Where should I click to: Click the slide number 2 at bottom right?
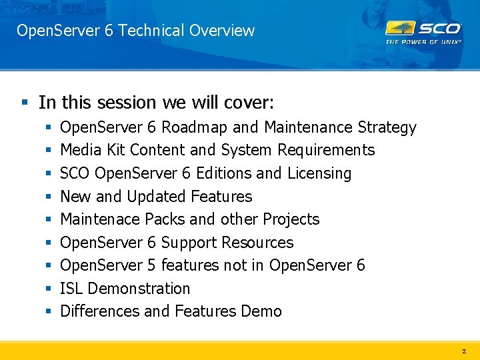pos(464,351)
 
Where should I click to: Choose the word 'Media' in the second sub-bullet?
pos(79,150)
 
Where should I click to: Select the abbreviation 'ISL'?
pos(71,289)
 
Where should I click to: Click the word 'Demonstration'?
pos(139,289)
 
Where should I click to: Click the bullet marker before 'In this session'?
pos(25,103)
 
